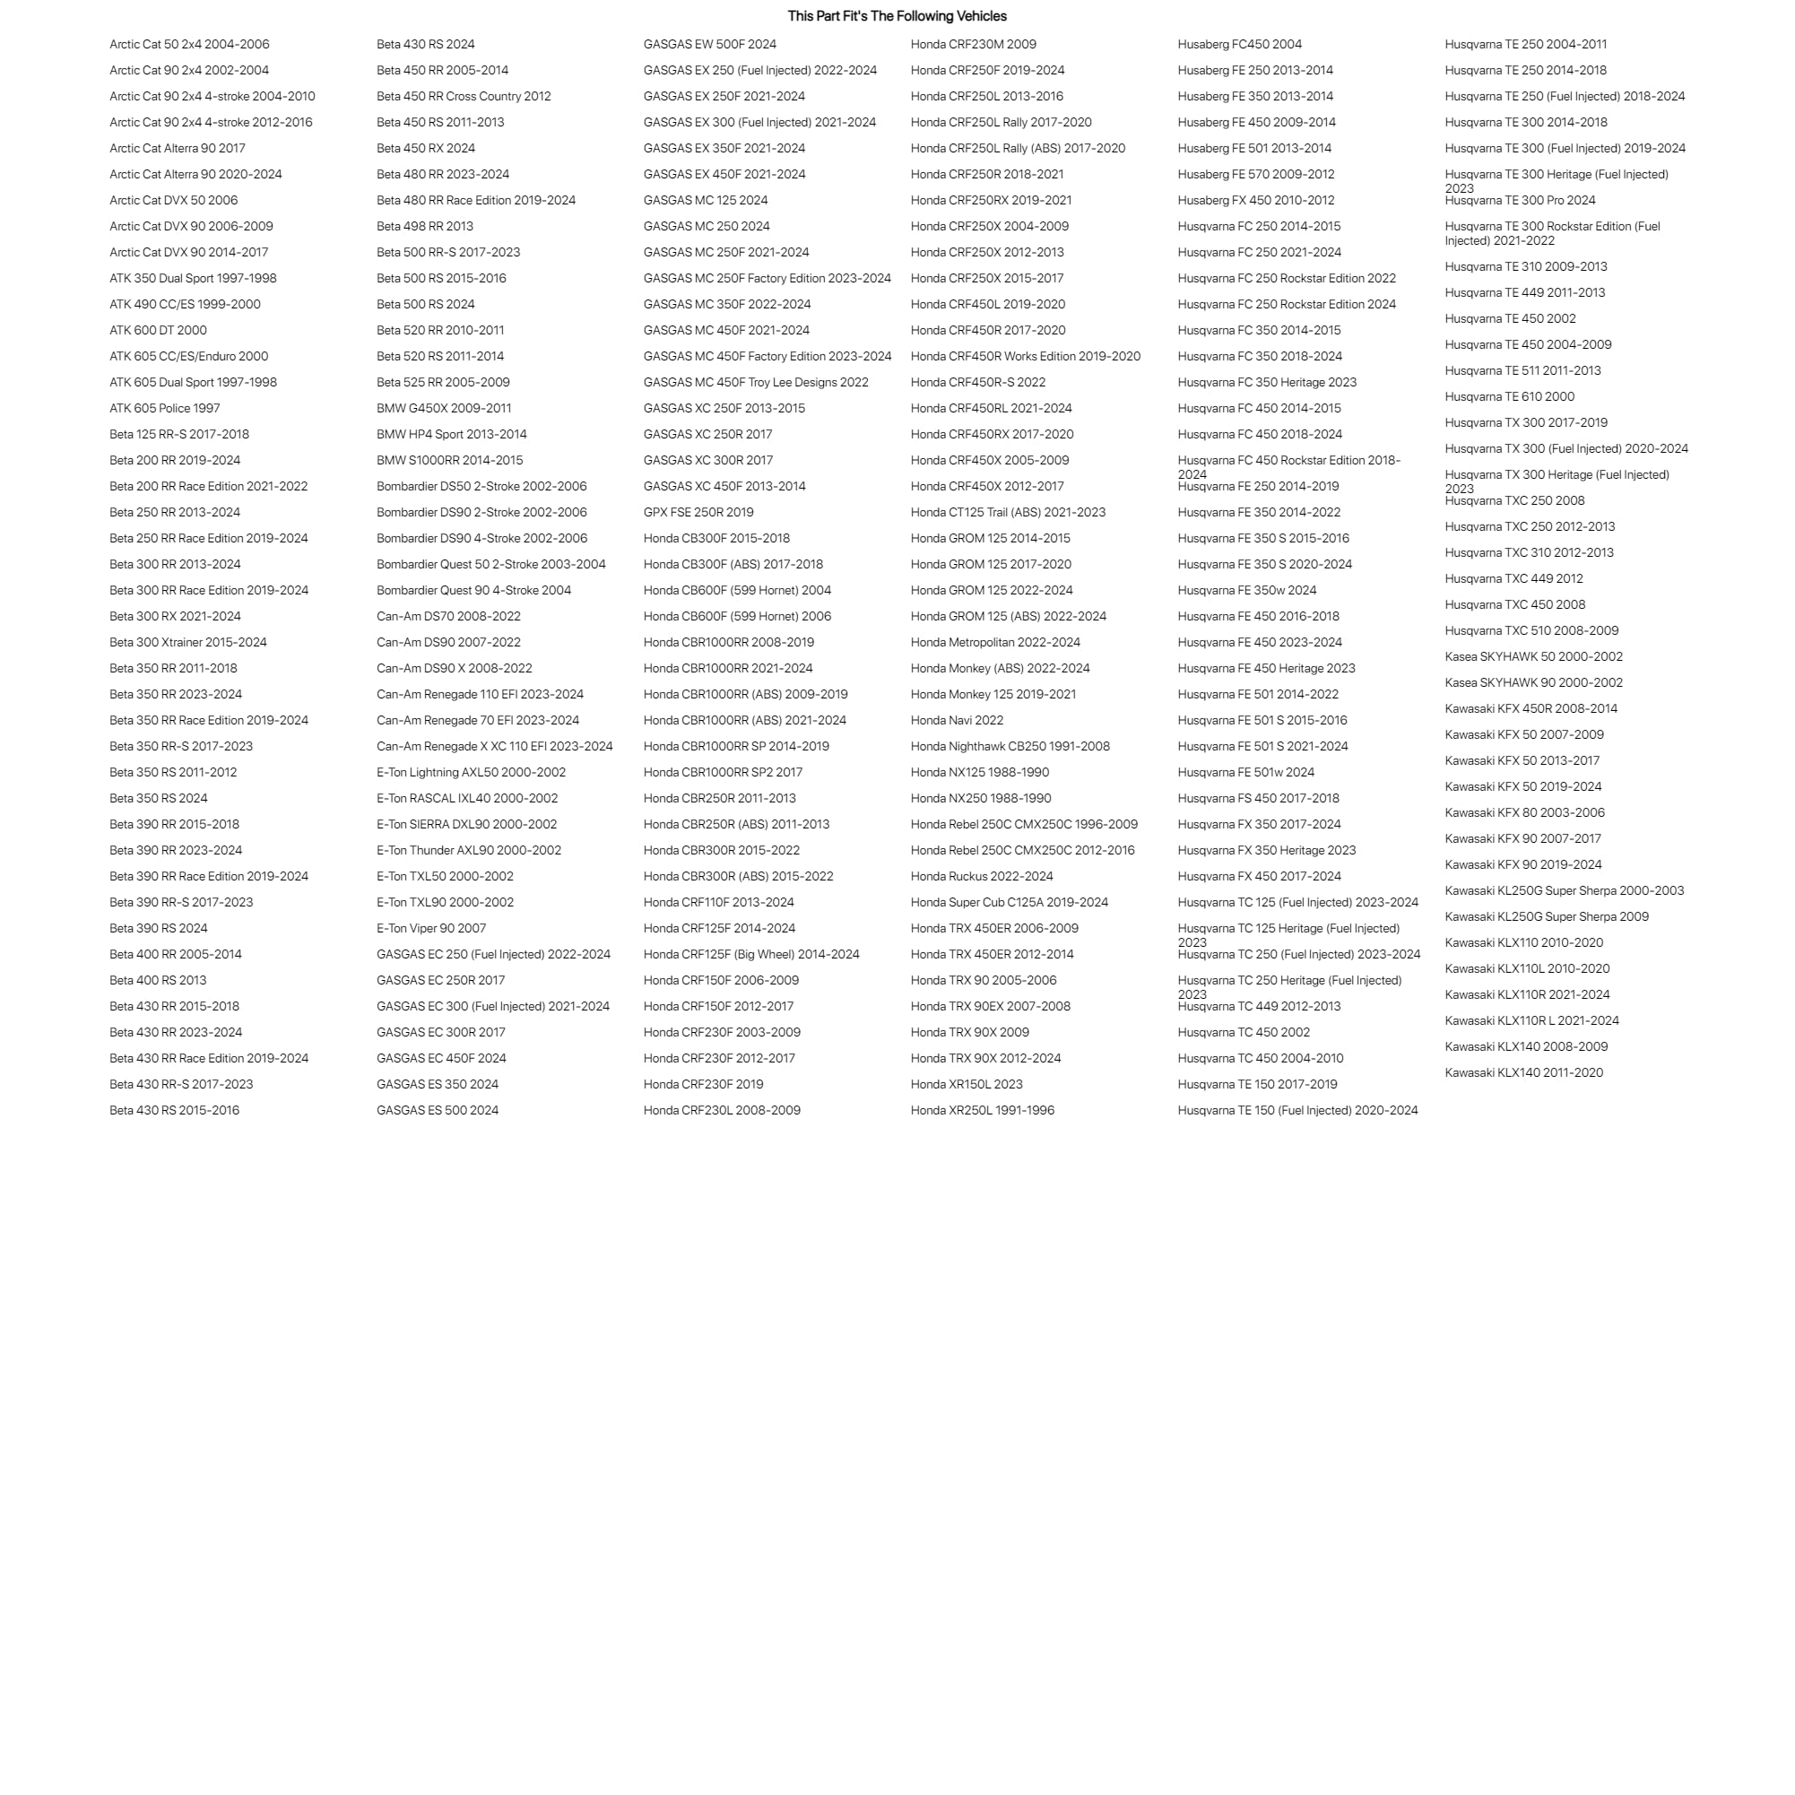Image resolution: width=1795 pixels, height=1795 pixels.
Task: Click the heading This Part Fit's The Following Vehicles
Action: click(x=897, y=16)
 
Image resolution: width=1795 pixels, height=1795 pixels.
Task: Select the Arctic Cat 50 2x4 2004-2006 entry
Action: click(x=189, y=44)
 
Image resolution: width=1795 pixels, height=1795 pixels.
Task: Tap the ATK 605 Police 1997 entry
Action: click(x=164, y=408)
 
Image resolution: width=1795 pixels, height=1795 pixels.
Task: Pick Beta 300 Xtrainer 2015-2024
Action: click(x=187, y=642)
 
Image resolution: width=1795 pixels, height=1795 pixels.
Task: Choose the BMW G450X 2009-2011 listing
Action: click(x=443, y=408)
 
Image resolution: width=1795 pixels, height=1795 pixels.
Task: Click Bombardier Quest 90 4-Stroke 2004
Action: click(x=473, y=590)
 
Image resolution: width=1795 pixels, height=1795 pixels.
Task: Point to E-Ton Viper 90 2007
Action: click(x=430, y=928)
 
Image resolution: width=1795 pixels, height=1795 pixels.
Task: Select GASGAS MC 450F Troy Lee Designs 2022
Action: click(x=755, y=382)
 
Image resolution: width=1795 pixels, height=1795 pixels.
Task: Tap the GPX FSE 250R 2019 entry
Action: click(x=698, y=512)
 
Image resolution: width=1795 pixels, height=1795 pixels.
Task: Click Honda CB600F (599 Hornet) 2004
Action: click(x=737, y=590)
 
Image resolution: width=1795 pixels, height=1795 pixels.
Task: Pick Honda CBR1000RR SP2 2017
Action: click(x=723, y=772)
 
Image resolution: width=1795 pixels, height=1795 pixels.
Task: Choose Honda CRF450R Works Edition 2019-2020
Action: click(x=1025, y=356)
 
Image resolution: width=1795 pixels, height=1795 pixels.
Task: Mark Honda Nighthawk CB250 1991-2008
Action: click(x=1010, y=746)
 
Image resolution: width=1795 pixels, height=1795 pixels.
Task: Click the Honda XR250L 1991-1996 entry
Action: click(x=982, y=1110)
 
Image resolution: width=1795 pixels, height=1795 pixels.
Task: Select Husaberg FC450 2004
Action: click(x=1239, y=44)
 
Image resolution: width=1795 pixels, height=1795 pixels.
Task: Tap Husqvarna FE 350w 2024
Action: click(x=1247, y=590)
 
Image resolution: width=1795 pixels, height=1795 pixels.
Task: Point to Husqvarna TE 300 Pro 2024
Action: click(x=1520, y=200)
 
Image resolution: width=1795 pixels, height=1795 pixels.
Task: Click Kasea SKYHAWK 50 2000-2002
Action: click(x=1533, y=656)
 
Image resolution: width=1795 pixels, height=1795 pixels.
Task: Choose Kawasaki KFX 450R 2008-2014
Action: click(x=1531, y=708)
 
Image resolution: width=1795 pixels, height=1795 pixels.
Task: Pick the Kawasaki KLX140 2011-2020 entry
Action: click(x=1523, y=1072)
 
